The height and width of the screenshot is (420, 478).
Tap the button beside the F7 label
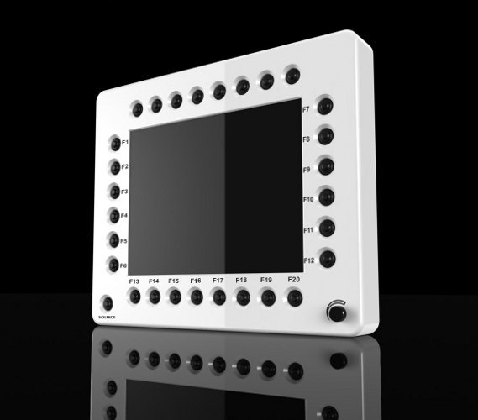pos(325,107)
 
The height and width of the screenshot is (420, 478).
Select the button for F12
pos(328,258)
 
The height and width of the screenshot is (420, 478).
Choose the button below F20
pos(294,297)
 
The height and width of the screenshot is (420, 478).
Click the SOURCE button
pos(108,303)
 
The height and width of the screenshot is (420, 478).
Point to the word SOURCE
pos(106,318)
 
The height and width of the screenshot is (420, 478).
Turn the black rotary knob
pos(337,314)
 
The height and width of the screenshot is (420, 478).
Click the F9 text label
pos(307,169)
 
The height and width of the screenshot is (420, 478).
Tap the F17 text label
pos(218,280)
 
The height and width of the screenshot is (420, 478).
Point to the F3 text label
pos(124,192)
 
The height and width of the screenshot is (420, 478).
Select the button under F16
pos(196,297)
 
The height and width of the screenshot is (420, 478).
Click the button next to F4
pos(114,215)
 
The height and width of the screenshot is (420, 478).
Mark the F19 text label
pos(266,279)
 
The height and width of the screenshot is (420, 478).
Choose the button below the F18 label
pos(243,297)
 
